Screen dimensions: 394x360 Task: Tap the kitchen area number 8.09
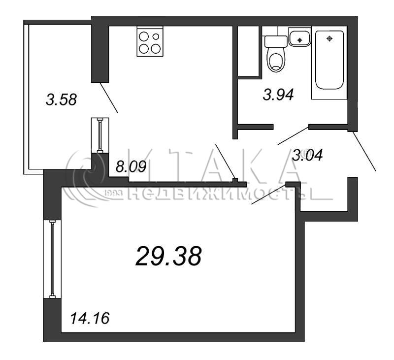click(131, 166)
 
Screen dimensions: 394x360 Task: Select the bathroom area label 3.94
click(278, 95)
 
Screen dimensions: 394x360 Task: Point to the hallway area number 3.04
click(307, 155)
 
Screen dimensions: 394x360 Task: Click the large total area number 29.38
click(168, 256)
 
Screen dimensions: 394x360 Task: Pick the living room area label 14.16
click(90, 318)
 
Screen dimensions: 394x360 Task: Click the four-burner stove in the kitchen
click(150, 41)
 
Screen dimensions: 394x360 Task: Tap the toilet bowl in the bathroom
click(276, 59)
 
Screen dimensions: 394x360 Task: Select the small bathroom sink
click(299, 36)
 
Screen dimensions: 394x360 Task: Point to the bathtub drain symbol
click(329, 39)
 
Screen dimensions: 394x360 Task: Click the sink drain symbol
click(299, 40)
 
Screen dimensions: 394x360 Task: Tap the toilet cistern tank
click(276, 41)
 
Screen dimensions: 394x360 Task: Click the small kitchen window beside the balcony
click(100, 135)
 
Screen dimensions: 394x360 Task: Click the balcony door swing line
click(109, 98)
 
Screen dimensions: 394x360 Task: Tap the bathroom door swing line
click(293, 135)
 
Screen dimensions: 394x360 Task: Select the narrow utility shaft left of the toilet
click(248, 51)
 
